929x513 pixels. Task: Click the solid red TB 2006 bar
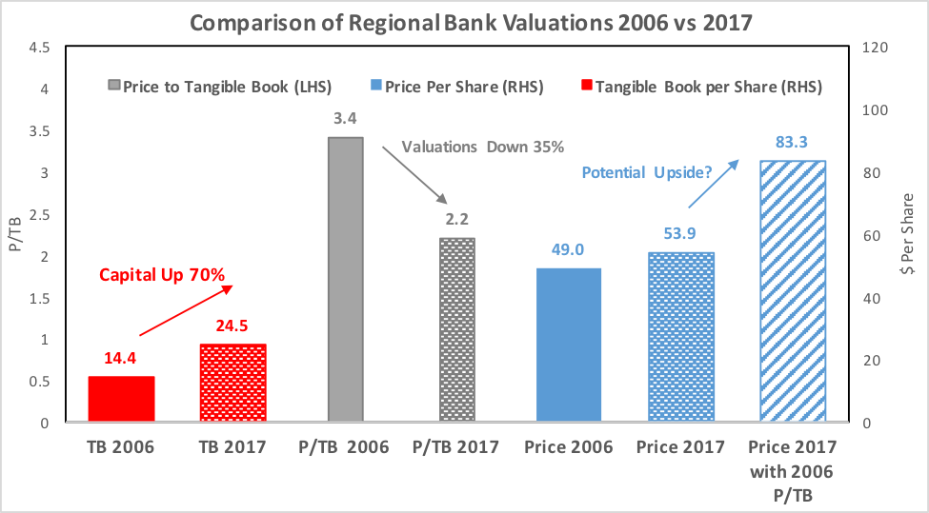coord(121,399)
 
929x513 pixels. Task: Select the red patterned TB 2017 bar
coord(232,383)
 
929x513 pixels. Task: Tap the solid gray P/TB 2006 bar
coord(345,279)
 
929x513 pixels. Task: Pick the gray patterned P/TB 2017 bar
coord(456,329)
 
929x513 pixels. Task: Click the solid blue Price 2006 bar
coord(569,345)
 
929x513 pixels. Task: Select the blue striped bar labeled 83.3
coord(792,290)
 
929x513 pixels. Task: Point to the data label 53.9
coord(680,233)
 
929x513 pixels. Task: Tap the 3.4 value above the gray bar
coord(345,119)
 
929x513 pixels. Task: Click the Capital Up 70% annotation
coord(163,276)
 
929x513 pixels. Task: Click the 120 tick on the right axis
coord(873,48)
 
